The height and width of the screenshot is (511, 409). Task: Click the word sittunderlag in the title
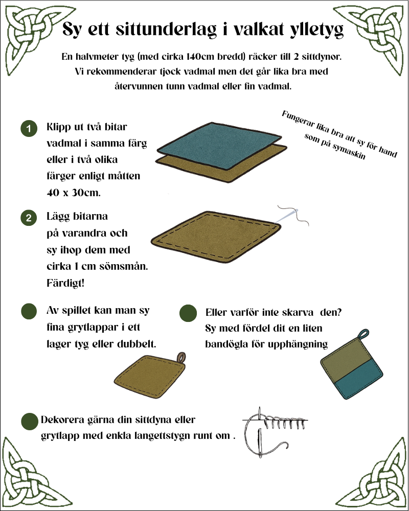(166, 29)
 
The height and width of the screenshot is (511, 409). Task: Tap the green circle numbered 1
(29, 129)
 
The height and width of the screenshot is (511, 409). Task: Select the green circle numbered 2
(29, 218)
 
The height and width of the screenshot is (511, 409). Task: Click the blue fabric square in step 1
(219, 145)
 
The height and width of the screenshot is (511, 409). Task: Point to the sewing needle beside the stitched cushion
(286, 217)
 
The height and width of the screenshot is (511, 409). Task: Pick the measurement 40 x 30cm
(74, 193)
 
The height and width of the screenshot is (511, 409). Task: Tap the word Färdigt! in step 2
(65, 283)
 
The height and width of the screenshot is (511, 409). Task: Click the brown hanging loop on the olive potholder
(181, 357)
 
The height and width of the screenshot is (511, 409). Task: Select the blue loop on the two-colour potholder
(363, 334)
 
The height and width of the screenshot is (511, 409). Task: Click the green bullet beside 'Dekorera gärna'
(29, 421)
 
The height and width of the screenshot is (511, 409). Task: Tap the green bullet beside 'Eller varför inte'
(188, 313)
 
